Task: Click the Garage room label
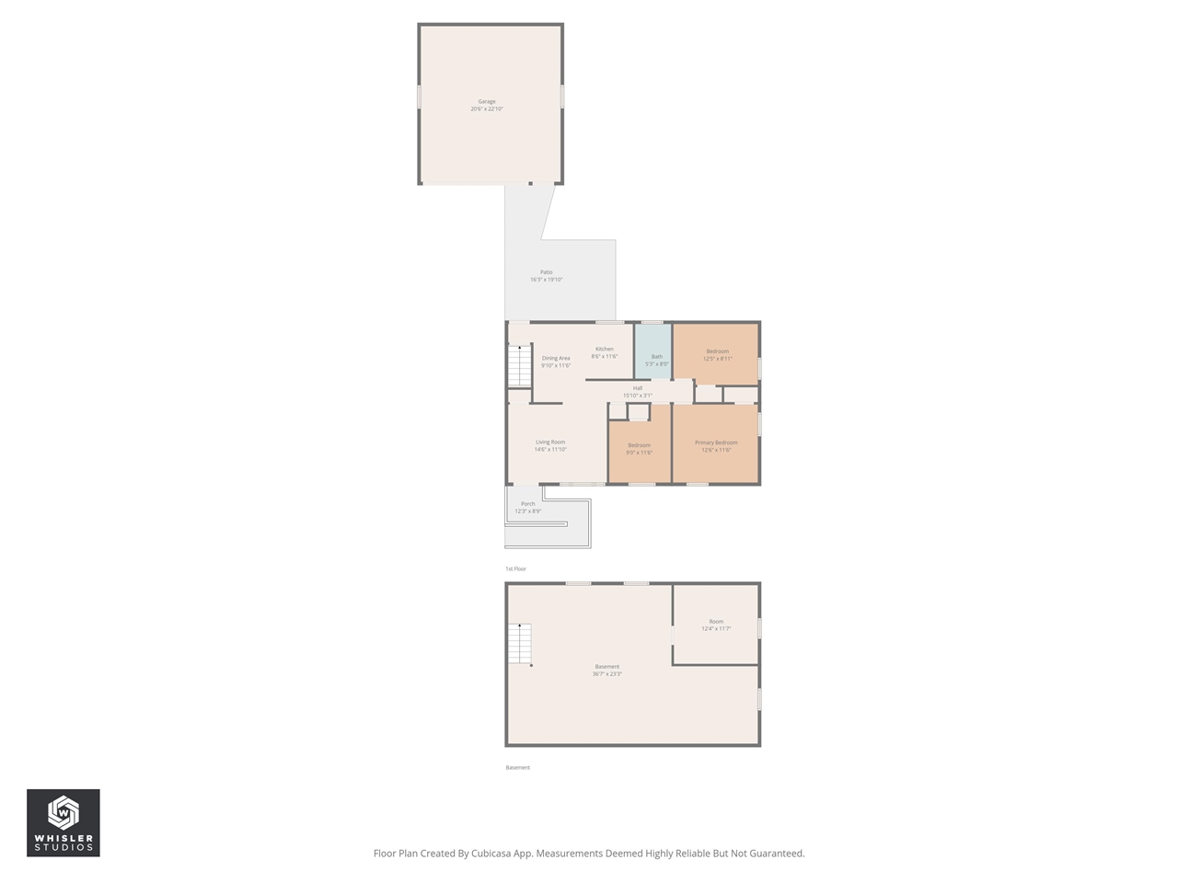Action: tap(486, 105)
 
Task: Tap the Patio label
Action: tap(546, 275)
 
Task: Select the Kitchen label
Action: tap(604, 352)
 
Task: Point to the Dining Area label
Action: tap(556, 361)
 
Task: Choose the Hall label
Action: tap(637, 391)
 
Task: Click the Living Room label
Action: tap(550, 445)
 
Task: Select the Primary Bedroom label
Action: tap(716, 445)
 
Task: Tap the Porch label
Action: tap(527, 507)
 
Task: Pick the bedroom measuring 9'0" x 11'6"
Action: tap(639, 448)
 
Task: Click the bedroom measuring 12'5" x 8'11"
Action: tap(717, 354)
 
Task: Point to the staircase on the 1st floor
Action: tap(520, 366)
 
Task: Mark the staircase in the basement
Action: tap(520, 643)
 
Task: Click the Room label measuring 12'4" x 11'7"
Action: tap(716, 625)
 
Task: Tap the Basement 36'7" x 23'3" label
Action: tap(606, 670)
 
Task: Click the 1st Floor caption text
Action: tap(516, 568)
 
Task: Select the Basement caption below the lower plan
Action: tap(517, 767)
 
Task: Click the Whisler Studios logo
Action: tap(64, 822)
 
